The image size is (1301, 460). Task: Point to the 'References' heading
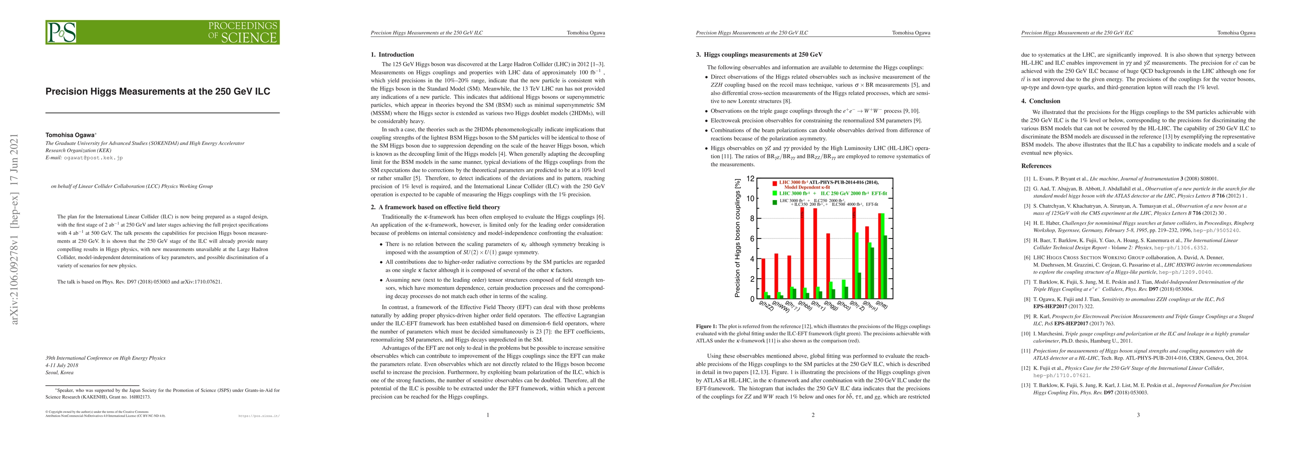(x=1036, y=166)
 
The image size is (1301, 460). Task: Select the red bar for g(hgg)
(x=828, y=266)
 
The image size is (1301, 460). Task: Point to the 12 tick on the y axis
(x=751, y=179)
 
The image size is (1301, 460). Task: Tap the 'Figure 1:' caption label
(x=706, y=326)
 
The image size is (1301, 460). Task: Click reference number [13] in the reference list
(x=1027, y=385)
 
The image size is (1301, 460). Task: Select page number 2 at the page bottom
(x=813, y=415)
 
